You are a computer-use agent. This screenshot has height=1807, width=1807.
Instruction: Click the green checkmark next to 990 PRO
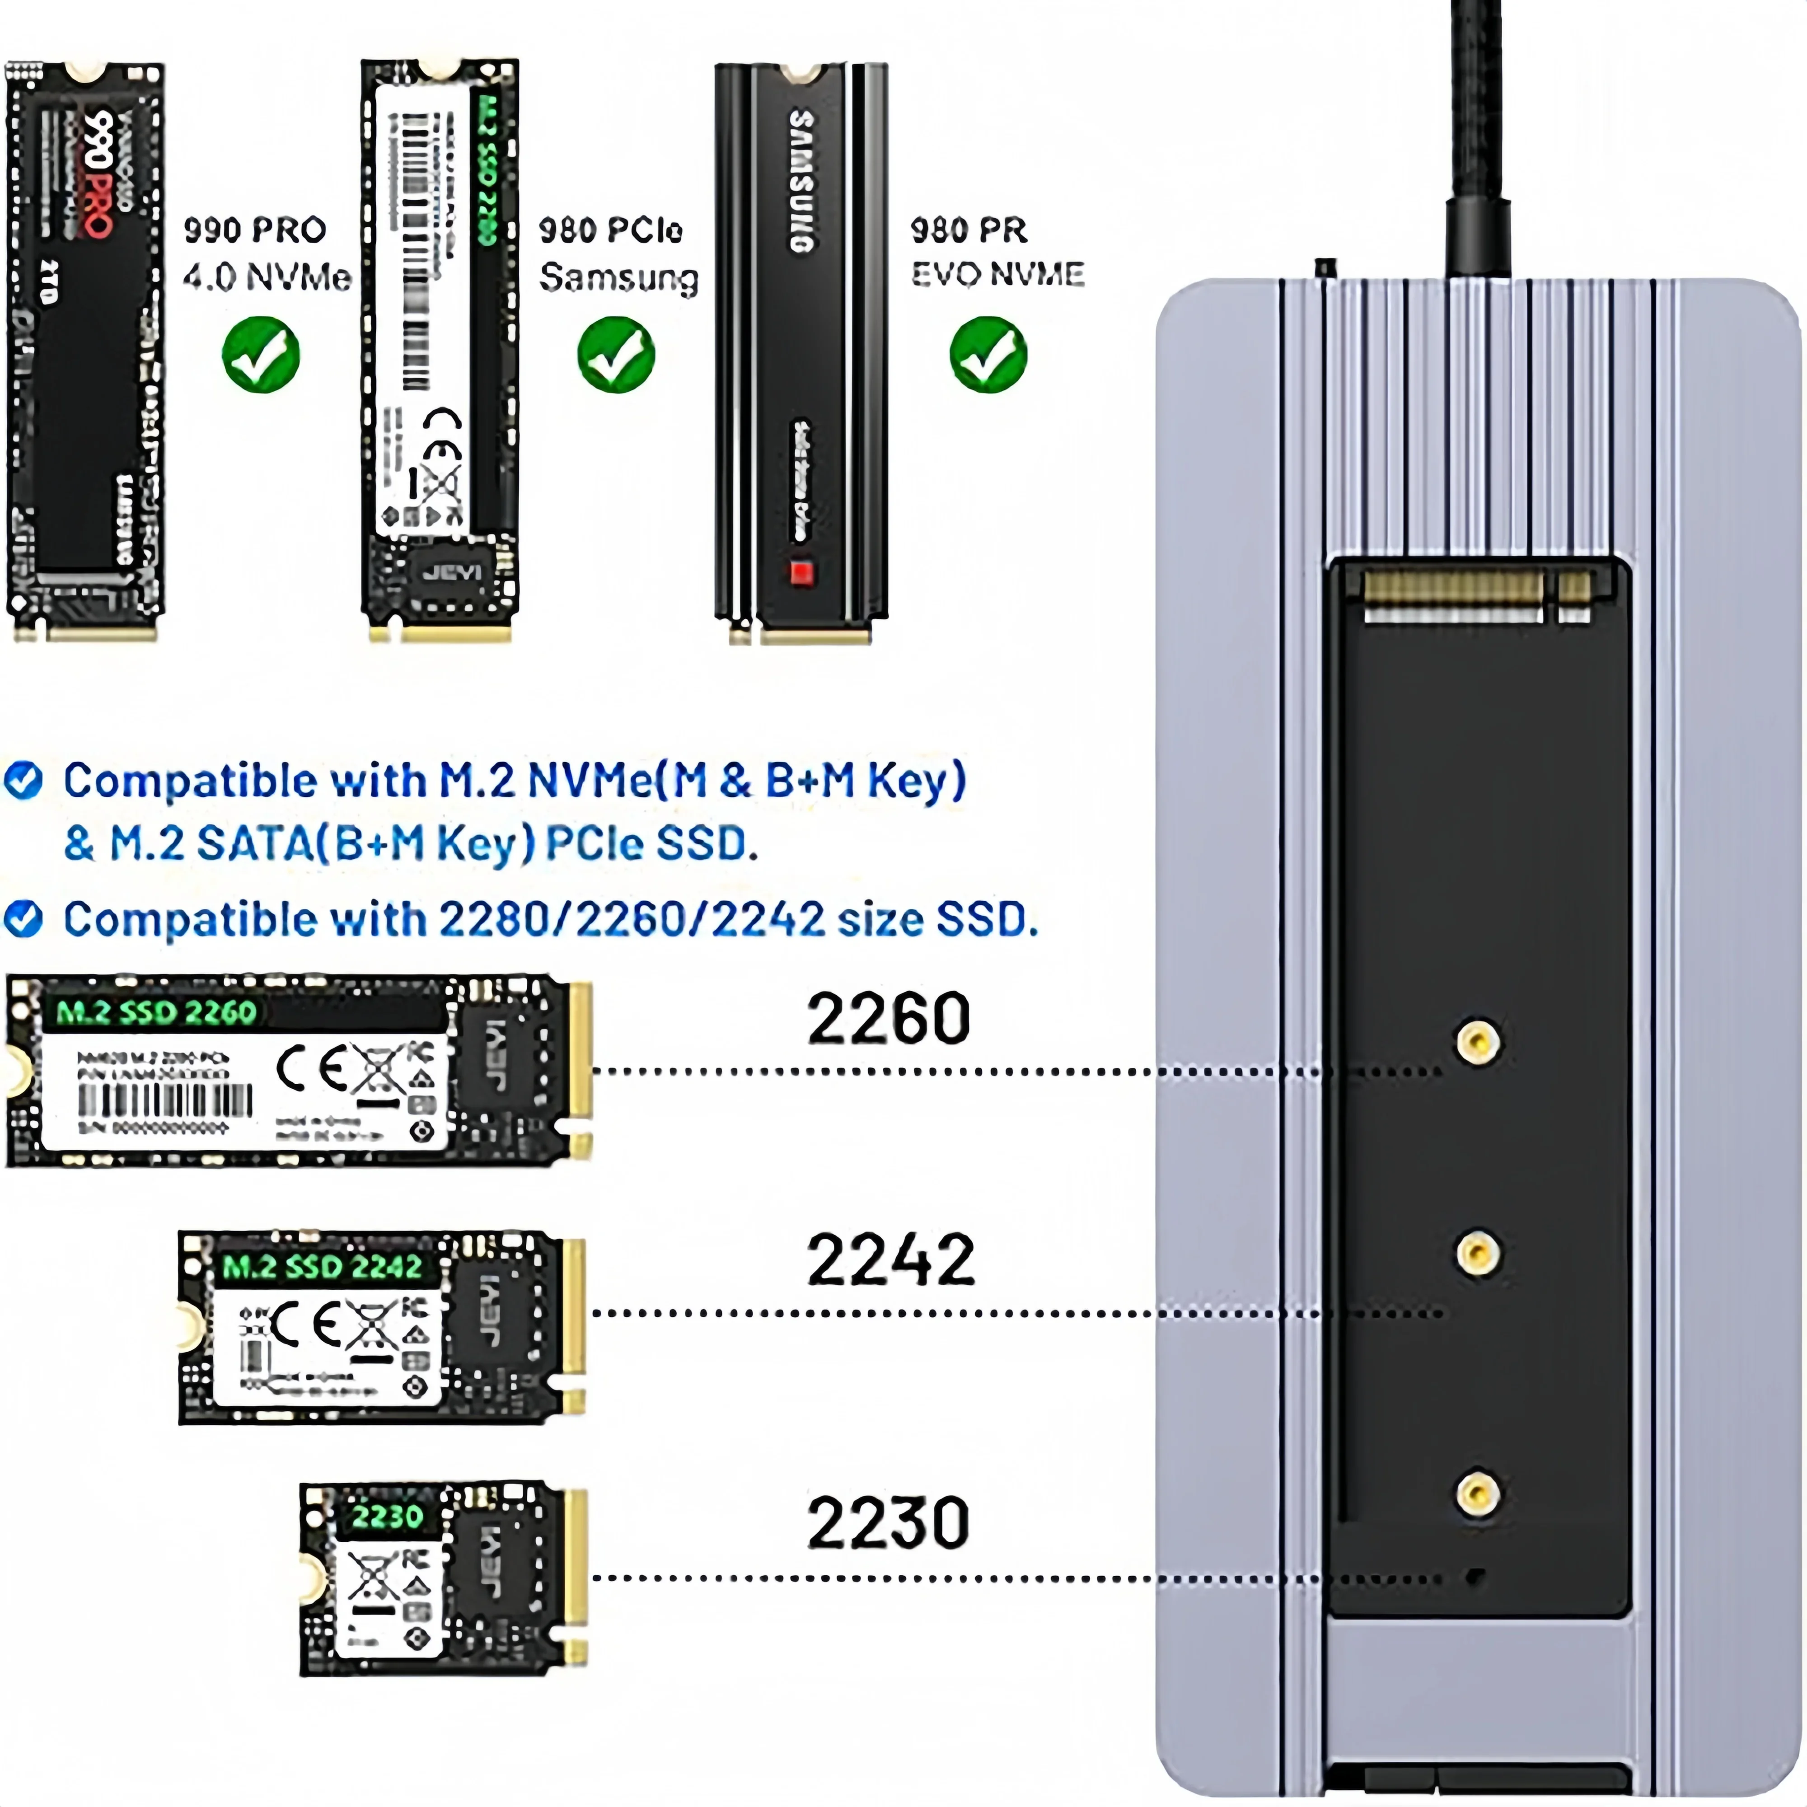click(261, 355)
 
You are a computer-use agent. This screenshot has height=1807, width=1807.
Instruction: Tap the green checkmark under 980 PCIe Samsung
click(615, 355)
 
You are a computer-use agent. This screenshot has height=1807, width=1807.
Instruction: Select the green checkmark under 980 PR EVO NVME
click(988, 355)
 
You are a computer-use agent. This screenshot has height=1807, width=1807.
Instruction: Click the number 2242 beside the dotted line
click(889, 1261)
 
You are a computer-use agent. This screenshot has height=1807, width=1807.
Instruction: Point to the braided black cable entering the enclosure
click(1478, 140)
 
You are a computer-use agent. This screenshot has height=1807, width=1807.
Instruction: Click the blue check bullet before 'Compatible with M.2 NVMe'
click(23, 780)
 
